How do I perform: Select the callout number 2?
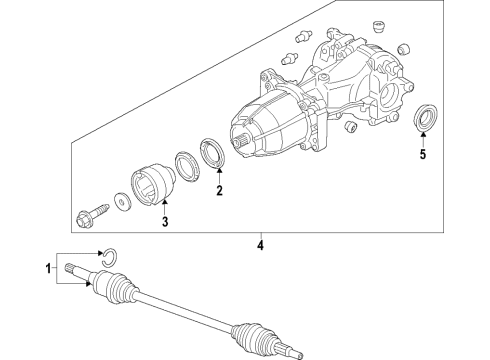(220, 190)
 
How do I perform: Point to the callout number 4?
(260, 245)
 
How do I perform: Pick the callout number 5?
(422, 155)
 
